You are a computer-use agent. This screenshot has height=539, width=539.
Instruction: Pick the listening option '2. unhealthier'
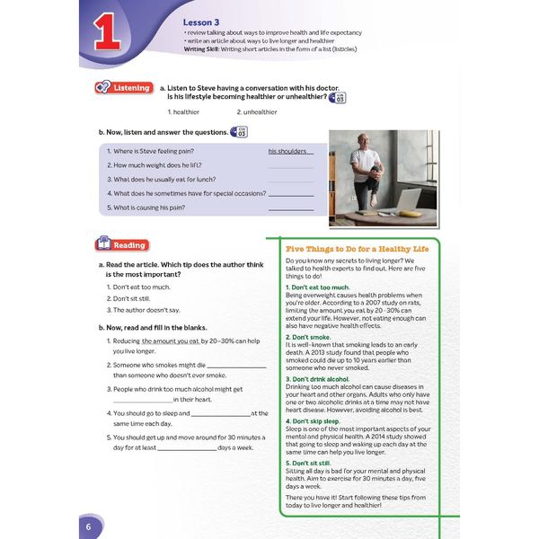[257, 112]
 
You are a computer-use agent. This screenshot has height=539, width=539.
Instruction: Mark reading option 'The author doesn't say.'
[151, 310]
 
